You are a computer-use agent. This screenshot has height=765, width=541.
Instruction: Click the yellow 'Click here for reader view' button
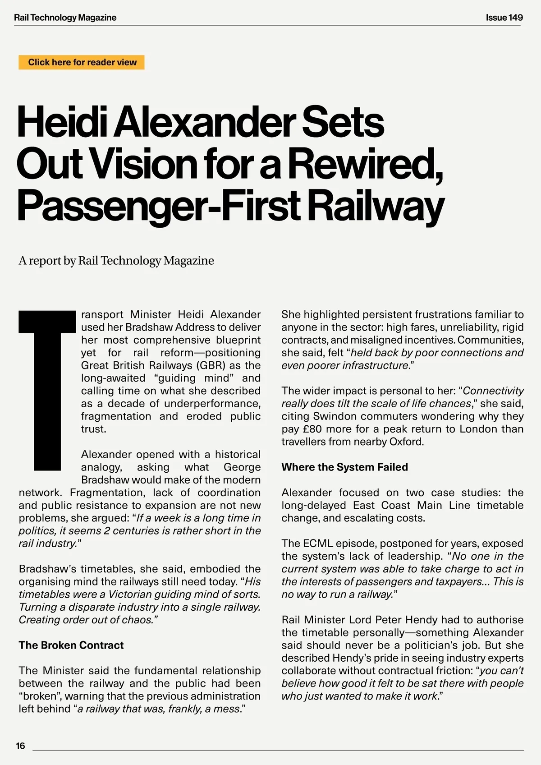coord(82,62)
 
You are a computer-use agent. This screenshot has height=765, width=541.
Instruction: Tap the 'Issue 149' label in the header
coord(504,18)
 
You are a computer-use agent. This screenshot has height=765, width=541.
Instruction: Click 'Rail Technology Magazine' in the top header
coord(65,18)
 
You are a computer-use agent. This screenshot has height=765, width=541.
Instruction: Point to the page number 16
coord(21,746)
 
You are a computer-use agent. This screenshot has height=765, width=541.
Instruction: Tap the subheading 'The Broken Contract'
coord(71,645)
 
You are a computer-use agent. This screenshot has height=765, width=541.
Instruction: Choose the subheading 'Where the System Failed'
coord(344,467)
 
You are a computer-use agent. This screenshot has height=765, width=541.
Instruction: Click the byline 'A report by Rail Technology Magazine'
coord(116,261)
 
